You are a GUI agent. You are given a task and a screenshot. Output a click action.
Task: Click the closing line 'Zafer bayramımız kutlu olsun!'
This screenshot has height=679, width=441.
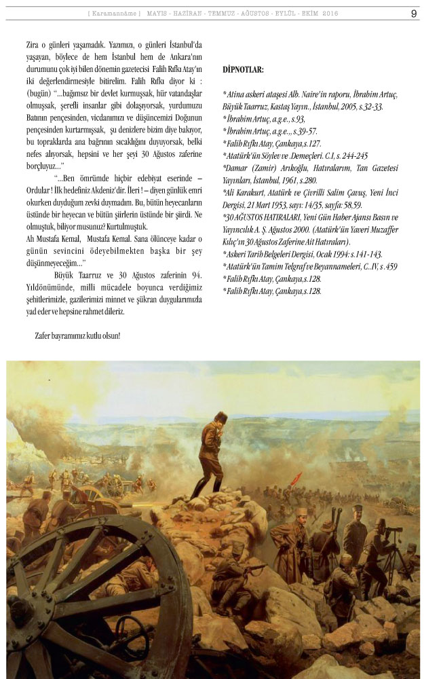point(77,335)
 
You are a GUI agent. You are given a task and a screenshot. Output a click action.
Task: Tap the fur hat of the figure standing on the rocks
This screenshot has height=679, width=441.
point(220,416)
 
